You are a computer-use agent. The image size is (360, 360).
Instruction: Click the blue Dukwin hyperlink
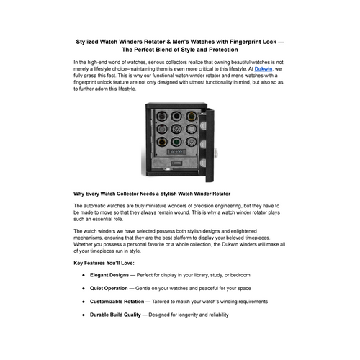[x=264, y=69]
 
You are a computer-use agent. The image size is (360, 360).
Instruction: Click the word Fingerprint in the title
[x=246, y=42]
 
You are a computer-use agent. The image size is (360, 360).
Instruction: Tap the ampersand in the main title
[x=168, y=42]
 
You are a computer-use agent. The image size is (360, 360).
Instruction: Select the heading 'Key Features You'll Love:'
[x=104, y=263]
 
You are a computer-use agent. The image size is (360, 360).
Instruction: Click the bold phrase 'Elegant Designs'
[x=109, y=275]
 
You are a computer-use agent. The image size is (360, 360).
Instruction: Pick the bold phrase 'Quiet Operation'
[x=109, y=288]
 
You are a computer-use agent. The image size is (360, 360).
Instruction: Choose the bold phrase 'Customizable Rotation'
[x=117, y=302]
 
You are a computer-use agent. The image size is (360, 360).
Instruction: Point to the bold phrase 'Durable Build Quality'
[x=115, y=315]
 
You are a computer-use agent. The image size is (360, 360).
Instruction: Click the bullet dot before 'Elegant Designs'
[x=84, y=275]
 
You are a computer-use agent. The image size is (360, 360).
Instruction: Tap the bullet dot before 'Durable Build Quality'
[x=84, y=315]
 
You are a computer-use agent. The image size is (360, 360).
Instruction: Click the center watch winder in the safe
[x=176, y=129]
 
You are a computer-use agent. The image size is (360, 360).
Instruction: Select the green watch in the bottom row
[x=176, y=142]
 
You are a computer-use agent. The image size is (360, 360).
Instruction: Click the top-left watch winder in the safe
[x=162, y=117]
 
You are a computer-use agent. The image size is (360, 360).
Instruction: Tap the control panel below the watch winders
[x=176, y=152]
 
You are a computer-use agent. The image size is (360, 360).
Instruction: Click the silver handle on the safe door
[x=216, y=153]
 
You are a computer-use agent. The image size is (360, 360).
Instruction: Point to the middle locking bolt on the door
[x=203, y=144]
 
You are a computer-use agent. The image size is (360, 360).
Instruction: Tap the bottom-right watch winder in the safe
[x=191, y=142]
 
